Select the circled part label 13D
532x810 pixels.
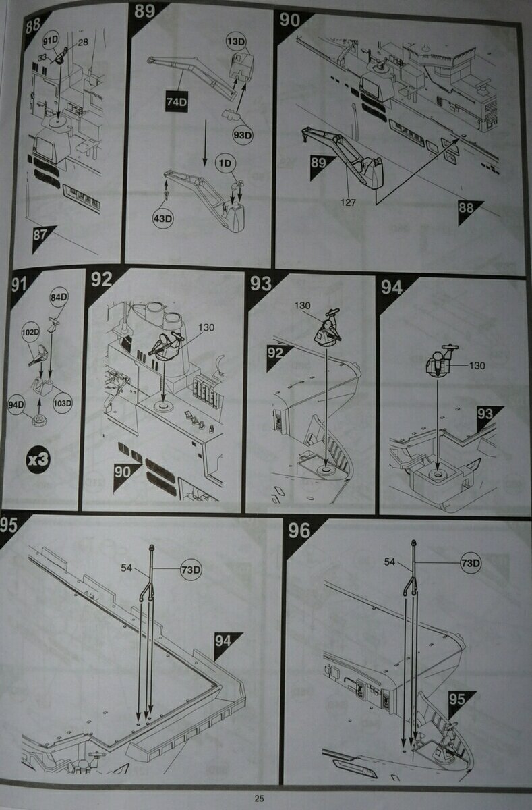pos(236,42)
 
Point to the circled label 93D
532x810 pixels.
pos(239,134)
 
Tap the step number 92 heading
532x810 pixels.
pos(101,279)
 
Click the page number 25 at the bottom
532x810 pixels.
pos(260,799)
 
